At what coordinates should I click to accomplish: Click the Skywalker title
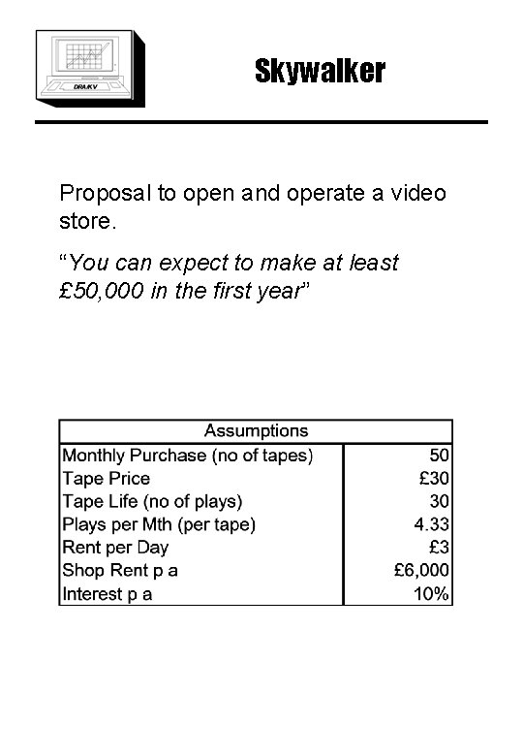pyautogui.click(x=320, y=71)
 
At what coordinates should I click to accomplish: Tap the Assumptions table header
pyautogui.click(x=256, y=431)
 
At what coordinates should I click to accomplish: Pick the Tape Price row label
pyautogui.click(x=107, y=478)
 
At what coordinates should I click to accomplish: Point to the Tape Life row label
pyautogui.click(x=152, y=501)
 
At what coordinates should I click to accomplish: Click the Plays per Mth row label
pyautogui.click(x=159, y=524)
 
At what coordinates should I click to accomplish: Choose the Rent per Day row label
pyautogui.click(x=114, y=548)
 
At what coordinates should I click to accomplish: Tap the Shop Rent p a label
pyautogui.click(x=120, y=571)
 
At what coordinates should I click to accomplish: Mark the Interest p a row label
pyautogui.click(x=108, y=594)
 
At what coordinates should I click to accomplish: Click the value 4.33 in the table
pyautogui.click(x=431, y=524)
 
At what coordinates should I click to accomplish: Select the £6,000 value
pyautogui.click(x=421, y=571)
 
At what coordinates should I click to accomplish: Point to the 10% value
pyautogui.click(x=431, y=594)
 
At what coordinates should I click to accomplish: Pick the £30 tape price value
pyautogui.click(x=434, y=478)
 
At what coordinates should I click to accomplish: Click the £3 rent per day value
pyautogui.click(x=439, y=548)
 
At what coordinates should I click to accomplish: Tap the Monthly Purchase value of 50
pyautogui.click(x=439, y=455)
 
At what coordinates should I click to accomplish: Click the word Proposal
pyautogui.click(x=105, y=193)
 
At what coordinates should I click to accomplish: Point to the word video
pyautogui.click(x=418, y=192)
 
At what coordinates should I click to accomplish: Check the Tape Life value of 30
pyautogui.click(x=439, y=501)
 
